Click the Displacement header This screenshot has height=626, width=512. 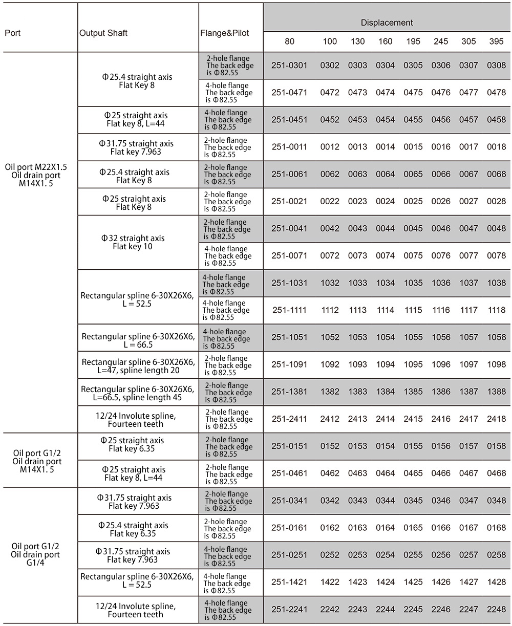(387, 23)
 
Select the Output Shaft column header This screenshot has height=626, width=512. (103, 33)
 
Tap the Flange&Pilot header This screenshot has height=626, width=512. (225, 33)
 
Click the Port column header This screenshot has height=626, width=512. (13, 33)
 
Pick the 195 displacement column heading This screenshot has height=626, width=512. (413, 41)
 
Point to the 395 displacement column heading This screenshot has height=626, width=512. (496, 41)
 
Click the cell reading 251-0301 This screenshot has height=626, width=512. (289, 66)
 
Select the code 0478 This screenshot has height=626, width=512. (496, 93)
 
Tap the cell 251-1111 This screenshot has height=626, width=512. (289, 310)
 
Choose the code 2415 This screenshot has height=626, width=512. (413, 419)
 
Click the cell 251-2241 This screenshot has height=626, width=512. (289, 609)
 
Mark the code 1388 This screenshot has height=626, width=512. (496, 392)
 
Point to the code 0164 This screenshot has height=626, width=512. (386, 528)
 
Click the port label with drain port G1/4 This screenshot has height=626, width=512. (36, 554)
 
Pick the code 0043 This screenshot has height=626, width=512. (357, 229)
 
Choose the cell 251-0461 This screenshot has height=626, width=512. (289, 473)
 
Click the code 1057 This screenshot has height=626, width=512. (468, 337)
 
